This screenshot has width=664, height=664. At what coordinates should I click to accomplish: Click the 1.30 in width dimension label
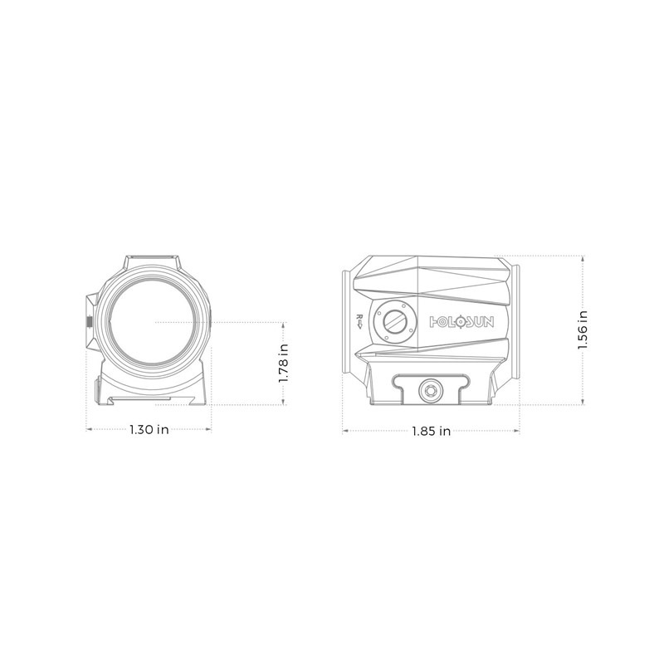tap(149, 430)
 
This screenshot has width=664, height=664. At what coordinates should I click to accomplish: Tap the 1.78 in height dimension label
tap(284, 363)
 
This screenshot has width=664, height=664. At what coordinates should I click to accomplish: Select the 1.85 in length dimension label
tap(432, 431)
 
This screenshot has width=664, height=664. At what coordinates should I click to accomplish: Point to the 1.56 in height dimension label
tap(583, 330)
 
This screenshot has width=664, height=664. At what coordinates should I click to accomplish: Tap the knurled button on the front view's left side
tap(90, 320)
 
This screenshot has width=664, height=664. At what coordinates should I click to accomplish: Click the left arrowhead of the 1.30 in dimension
tap(90, 430)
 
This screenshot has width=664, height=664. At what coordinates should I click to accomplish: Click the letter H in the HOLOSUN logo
tap(432, 320)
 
